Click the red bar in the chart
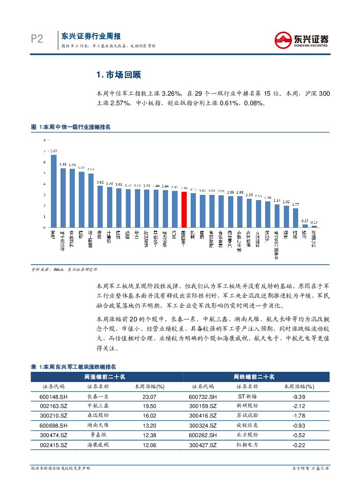click(x=184, y=209)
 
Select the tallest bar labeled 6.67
click(x=54, y=191)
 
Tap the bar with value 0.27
click(x=305, y=225)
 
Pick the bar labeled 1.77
click(x=296, y=217)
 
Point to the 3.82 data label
click(x=100, y=182)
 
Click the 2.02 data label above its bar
click(x=286, y=202)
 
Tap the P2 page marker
click(x=37, y=40)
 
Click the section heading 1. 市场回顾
click(x=118, y=75)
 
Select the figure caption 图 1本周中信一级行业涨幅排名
click(x=71, y=127)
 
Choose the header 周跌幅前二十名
click(x=254, y=377)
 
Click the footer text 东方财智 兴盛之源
click(x=310, y=468)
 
